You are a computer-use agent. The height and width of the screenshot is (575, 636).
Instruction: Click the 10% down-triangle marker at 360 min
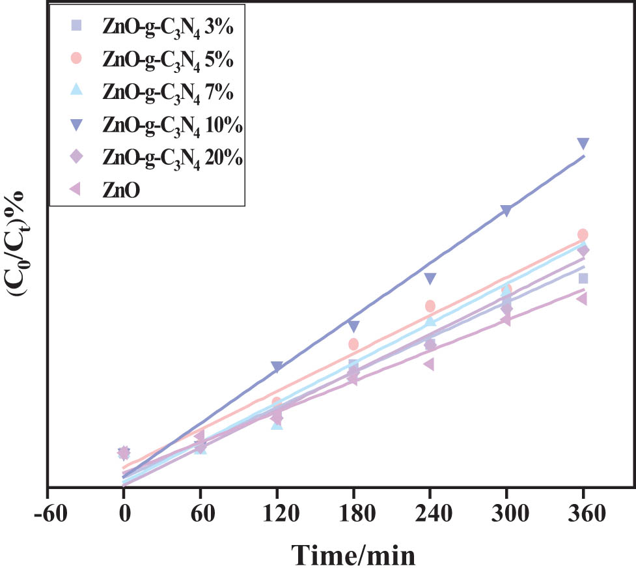[583, 143]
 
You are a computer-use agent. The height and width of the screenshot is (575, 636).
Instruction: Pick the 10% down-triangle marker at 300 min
[506, 210]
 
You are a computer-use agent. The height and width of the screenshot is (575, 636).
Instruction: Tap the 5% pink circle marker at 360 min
[583, 234]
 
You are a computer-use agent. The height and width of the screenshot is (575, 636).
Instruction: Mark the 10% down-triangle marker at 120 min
[277, 367]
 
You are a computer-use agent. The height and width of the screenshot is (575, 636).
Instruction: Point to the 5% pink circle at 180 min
[353, 344]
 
